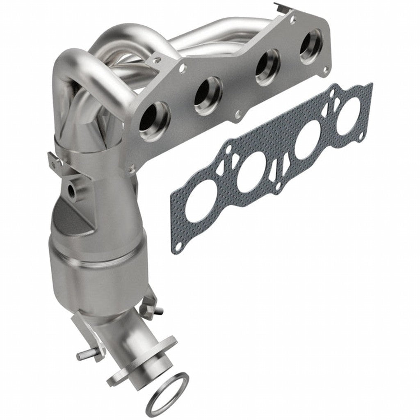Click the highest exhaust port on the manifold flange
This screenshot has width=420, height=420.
pos(310,46)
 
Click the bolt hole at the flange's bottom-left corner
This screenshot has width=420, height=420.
pos(131,168)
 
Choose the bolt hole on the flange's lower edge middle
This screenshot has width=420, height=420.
pos(237,115)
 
